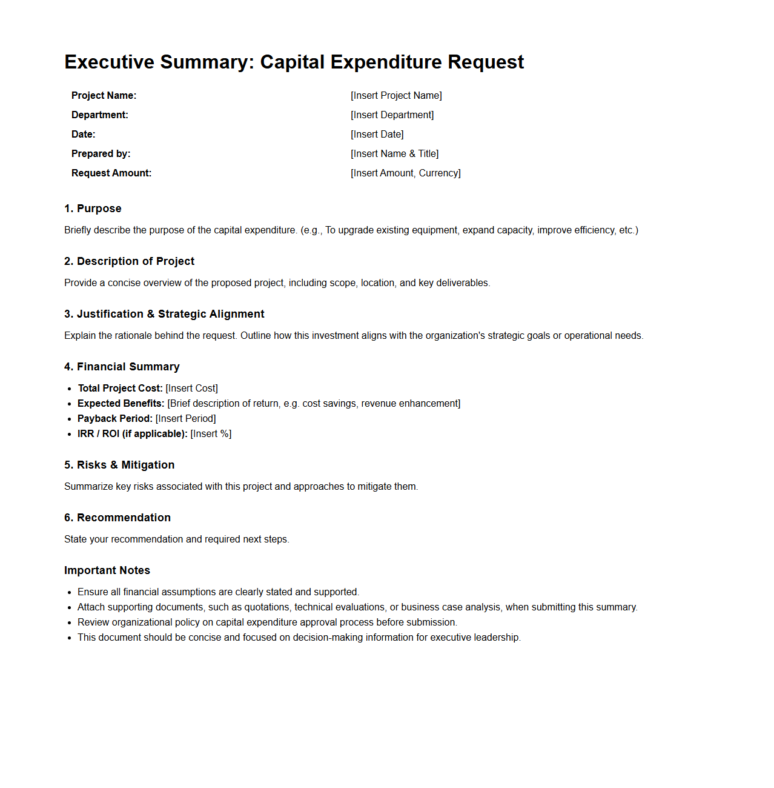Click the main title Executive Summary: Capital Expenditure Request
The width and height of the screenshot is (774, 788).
click(294, 62)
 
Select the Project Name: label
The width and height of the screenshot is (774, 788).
click(104, 96)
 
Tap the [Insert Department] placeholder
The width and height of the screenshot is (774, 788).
click(392, 115)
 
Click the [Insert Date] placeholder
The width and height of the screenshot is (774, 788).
click(377, 135)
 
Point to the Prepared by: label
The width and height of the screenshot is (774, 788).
click(101, 154)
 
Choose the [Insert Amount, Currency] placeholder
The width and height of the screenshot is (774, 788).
click(405, 173)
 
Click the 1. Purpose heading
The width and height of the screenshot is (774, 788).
click(93, 209)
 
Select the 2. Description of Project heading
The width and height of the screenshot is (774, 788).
click(129, 261)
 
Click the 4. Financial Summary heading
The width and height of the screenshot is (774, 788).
click(122, 367)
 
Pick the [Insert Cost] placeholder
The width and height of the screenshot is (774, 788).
click(191, 389)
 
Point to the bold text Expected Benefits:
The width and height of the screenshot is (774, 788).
click(121, 404)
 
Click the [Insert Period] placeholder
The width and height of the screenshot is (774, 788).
click(185, 419)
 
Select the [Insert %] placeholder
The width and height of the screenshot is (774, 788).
click(211, 434)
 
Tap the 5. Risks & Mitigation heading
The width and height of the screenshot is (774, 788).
click(119, 465)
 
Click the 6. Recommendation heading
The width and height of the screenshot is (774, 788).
click(117, 518)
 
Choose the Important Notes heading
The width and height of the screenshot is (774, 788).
click(107, 570)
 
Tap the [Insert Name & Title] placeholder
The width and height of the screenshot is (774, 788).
click(394, 154)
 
